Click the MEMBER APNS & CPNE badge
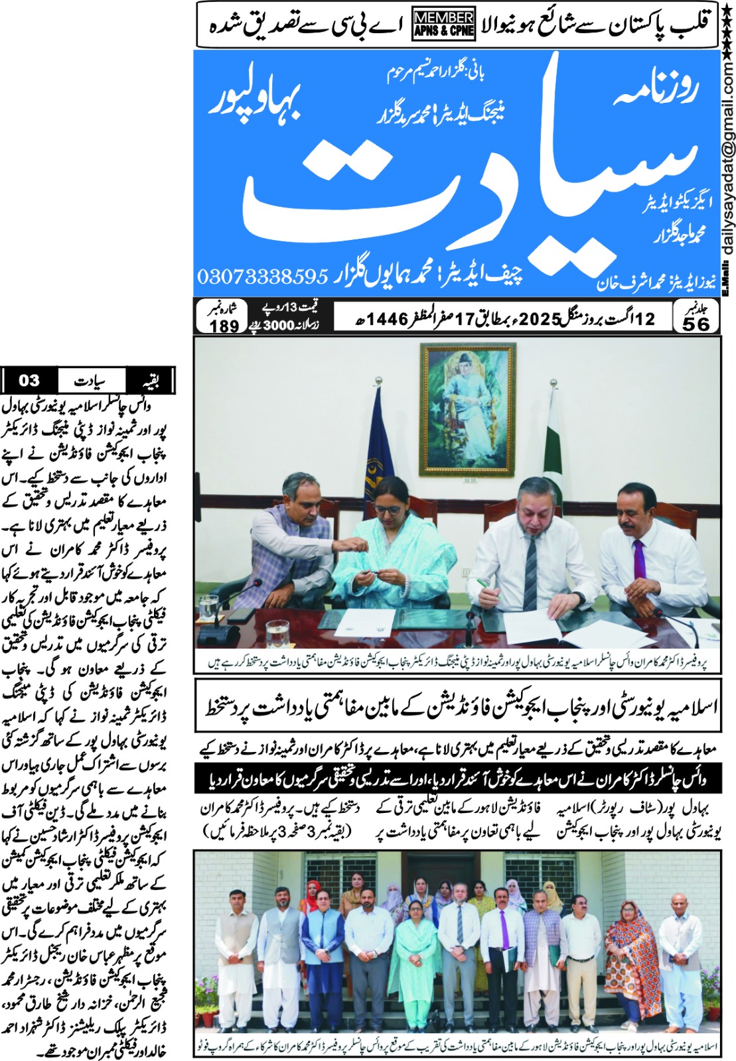(443, 25)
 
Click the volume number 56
(695, 324)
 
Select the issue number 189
(224, 326)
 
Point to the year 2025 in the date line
(540, 319)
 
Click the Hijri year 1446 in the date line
(388, 319)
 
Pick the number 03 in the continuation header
(29, 381)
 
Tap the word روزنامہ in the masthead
(654, 91)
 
